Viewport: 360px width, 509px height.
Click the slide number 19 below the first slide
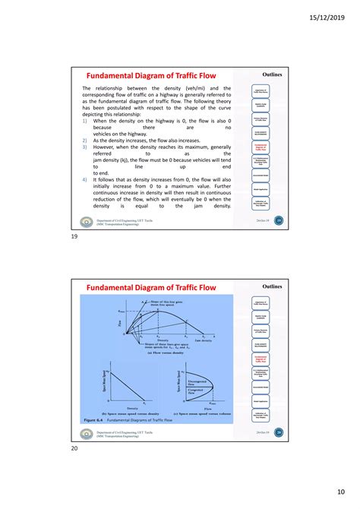coord(74,236)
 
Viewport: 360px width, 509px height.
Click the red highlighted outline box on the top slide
coord(261,151)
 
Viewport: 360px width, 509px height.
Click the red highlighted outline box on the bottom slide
coord(261,362)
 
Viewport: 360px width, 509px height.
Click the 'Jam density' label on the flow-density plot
coord(202,341)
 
